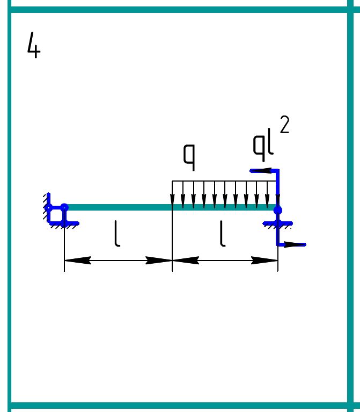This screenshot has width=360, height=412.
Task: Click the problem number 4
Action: tap(34, 45)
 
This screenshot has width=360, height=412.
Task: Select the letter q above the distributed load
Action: tap(189, 157)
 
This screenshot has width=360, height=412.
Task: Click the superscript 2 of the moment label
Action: tap(285, 125)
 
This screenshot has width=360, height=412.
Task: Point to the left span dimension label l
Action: tap(117, 234)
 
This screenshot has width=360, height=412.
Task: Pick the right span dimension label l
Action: tap(223, 234)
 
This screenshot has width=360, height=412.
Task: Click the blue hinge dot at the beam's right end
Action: tap(277, 210)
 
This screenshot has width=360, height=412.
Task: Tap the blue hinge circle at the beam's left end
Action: tap(64, 207)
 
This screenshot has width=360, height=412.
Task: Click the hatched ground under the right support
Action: tap(277, 225)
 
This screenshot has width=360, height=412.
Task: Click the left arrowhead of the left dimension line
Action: tap(78, 261)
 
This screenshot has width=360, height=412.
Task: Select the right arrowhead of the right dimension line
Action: tap(265, 261)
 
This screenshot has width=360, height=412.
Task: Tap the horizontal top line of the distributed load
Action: tap(224, 181)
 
